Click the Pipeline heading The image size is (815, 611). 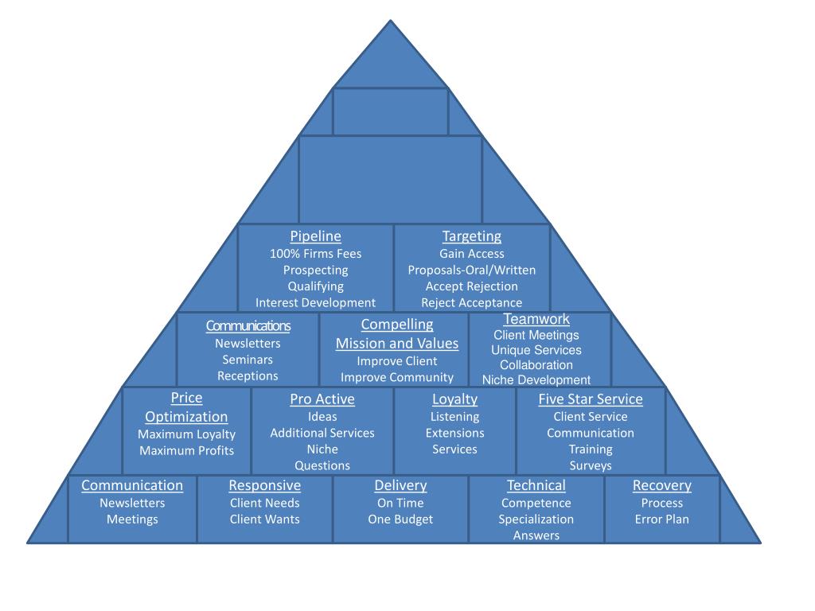(315, 236)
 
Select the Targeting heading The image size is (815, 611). (472, 236)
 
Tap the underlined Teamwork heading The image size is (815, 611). (536, 319)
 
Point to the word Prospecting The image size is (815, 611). (315, 270)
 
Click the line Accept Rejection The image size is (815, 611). (472, 286)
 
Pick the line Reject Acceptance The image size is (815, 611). (472, 302)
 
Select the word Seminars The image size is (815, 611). (248, 360)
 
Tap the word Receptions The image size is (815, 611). (248, 376)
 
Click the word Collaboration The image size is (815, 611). (536, 365)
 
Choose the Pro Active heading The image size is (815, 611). (322, 399)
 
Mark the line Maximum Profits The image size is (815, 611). (187, 450)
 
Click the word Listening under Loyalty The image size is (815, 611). (454, 417)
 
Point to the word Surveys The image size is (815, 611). (591, 465)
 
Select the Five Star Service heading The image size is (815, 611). (591, 399)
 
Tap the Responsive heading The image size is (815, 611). (265, 485)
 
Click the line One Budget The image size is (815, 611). (400, 520)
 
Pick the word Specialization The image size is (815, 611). (536, 520)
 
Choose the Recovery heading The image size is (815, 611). (662, 485)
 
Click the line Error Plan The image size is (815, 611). (662, 520)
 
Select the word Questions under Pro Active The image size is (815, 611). (322, 465)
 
